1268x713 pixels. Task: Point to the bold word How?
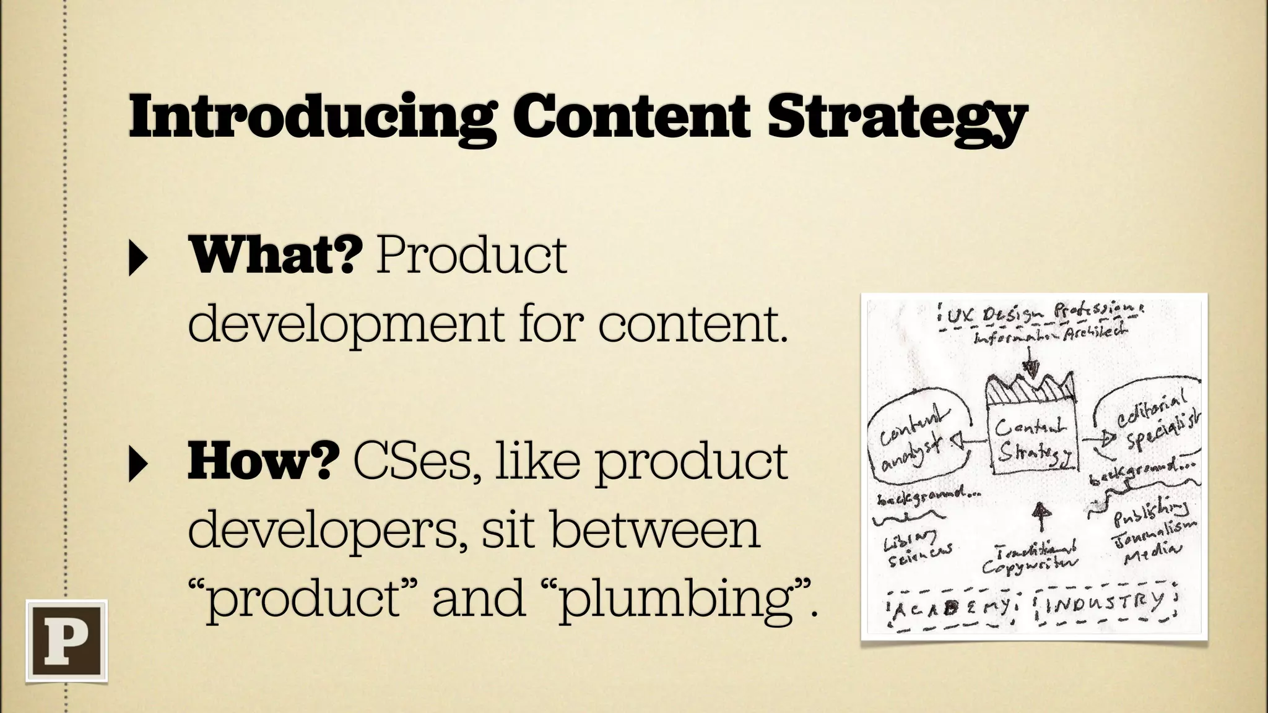point(263,462)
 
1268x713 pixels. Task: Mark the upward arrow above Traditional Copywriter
point(1043,517)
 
